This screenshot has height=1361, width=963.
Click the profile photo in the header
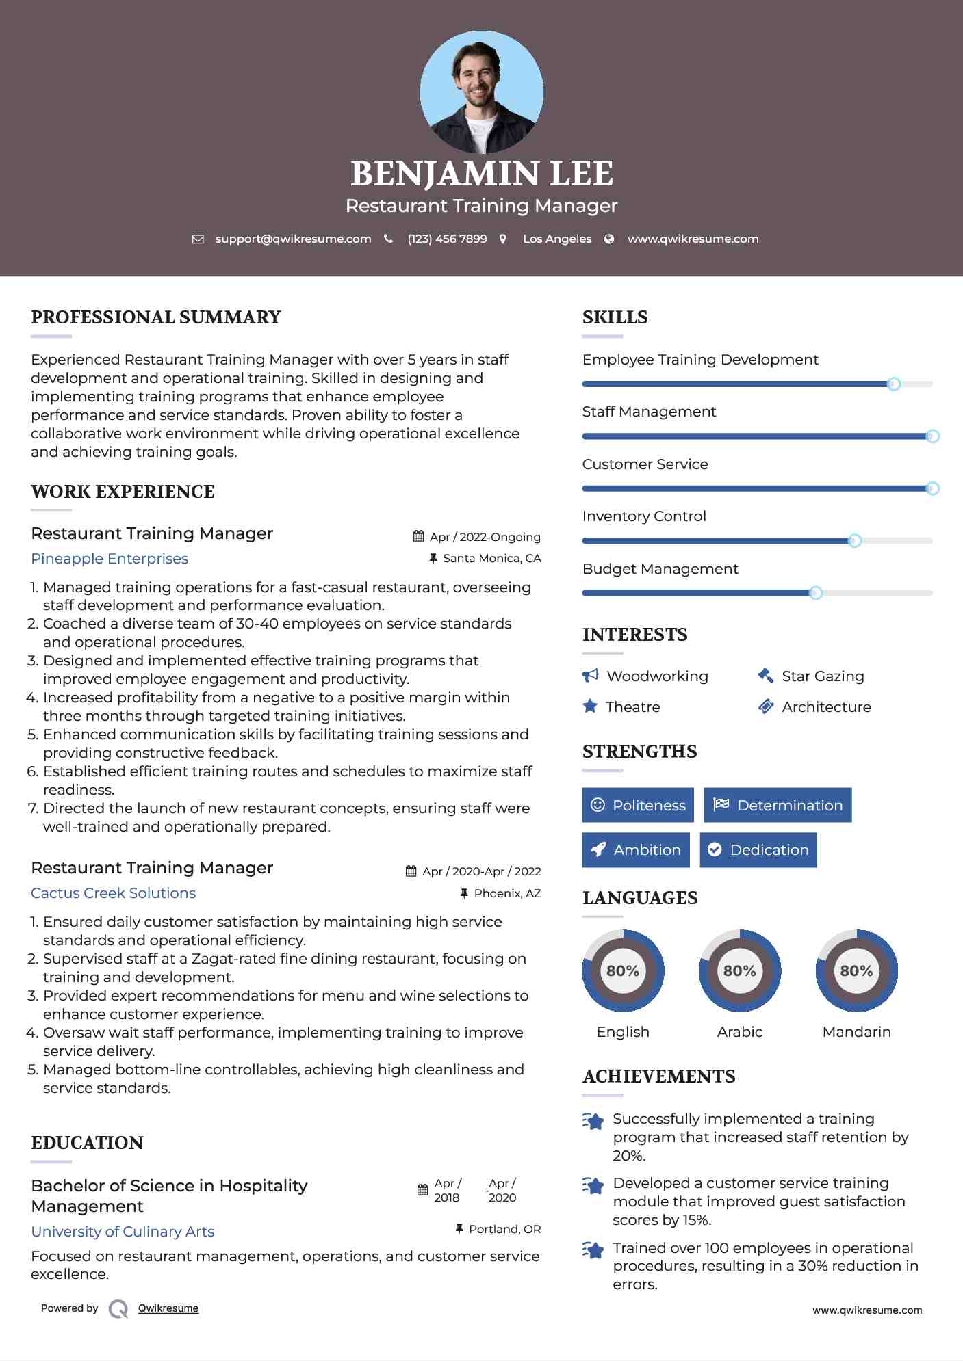tap(481, 92)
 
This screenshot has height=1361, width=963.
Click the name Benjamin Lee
tap(481, 174)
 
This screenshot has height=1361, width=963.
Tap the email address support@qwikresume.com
tap(293, 239)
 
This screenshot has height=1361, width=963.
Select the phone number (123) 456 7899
tap(447, 239)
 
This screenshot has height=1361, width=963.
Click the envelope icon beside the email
tap(198, 239)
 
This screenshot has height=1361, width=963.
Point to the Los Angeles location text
tap(557, 239)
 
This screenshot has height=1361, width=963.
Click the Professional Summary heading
tap(156, 317)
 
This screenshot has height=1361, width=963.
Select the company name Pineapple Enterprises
tap(110, 559)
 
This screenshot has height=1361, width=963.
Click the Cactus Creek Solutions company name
tap(114, 893)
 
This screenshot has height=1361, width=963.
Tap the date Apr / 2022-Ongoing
tap(485, 537)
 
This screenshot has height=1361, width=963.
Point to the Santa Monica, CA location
tap(491, 558)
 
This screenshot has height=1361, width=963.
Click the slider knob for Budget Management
tap(815, 593)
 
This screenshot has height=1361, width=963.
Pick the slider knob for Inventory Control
tap(854, 541)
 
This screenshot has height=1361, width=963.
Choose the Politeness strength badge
tap(637, 805)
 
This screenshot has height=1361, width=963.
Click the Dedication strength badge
tap(758, 849)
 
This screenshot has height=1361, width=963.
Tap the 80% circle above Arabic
tap(739, 970)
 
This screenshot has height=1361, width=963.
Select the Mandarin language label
tap(856, 1031)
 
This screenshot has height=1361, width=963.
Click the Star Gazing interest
tap(823, 676)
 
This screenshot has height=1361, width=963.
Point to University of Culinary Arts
tap(123, 1232)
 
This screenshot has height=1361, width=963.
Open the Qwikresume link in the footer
tap(168, 1308)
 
